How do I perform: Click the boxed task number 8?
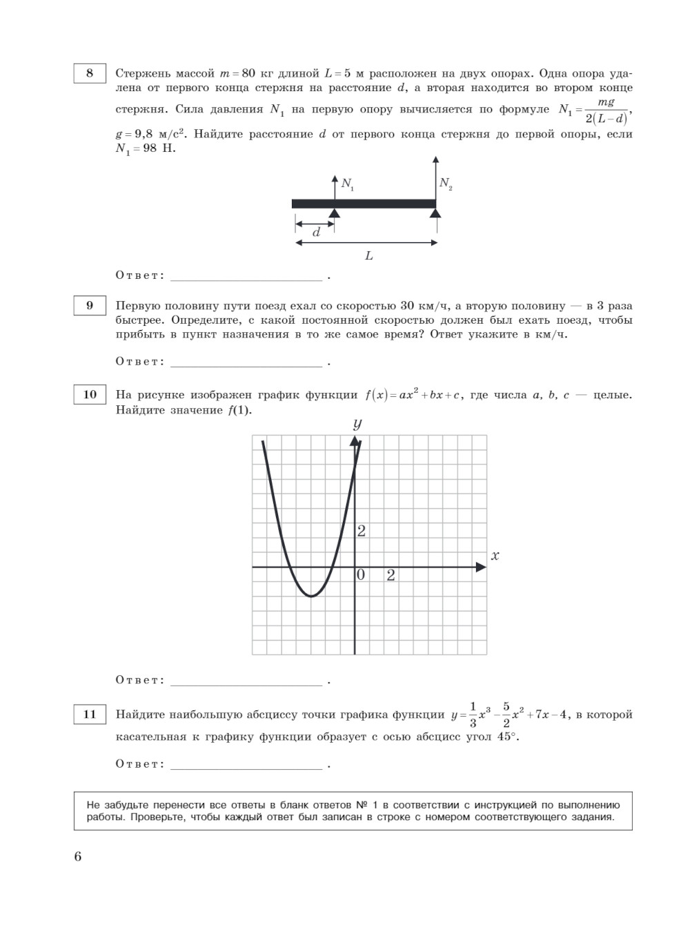pos(90,73)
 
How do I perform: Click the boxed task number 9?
pos(90,305)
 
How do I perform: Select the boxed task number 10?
pos(90,395)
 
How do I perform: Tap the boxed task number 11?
pos(90,715)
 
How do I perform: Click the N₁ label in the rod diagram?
pos(348,185)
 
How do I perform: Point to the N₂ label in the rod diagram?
pos(446,184)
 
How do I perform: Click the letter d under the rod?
pos(316,233)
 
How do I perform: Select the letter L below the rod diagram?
pos(368,256)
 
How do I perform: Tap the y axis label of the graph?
pos(357,423)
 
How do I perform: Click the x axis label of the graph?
pos(495,556)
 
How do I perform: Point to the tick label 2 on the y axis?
pos(361,531)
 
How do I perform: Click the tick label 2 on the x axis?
pos(391,575)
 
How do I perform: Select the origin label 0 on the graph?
pos(361,575)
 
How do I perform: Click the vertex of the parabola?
pos(311,596)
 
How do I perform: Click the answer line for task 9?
pos(246,365)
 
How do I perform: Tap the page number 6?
pos(77,857)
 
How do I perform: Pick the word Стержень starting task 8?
pos(141,73)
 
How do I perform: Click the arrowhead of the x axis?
pos(481,567)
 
